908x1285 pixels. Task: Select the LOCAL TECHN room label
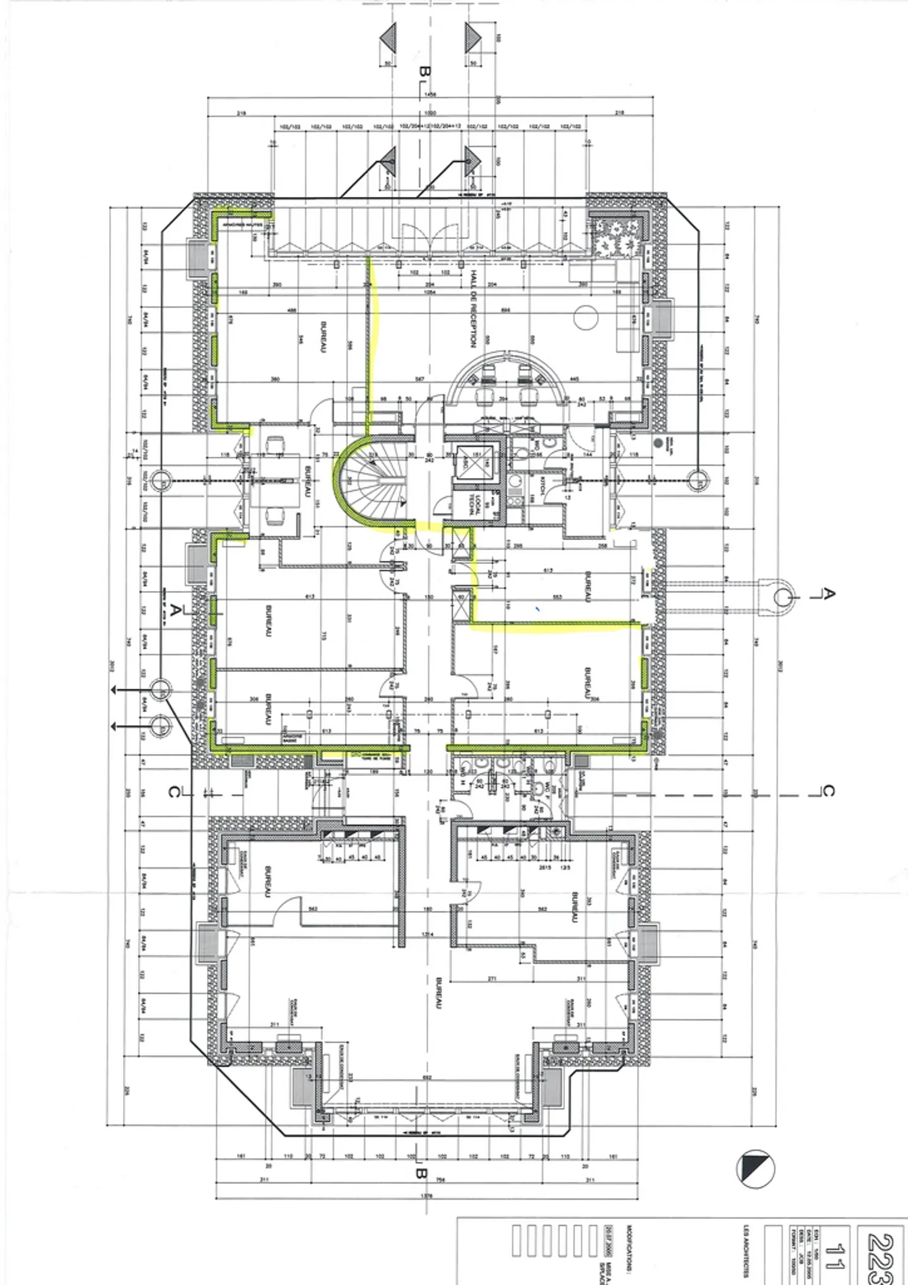click(474, 504)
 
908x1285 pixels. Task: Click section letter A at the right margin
click(830, 594)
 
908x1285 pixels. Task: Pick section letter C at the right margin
click(830, 790)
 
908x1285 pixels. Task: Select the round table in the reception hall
click(586, 317)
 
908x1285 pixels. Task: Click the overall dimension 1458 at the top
click(431, 95)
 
